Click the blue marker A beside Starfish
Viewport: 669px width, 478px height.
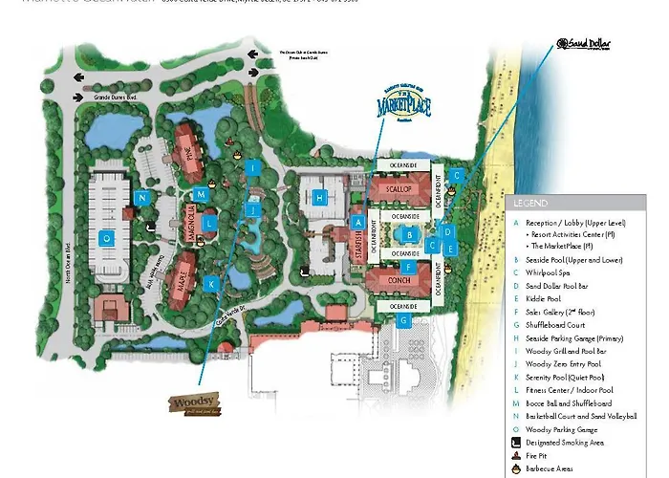tap(358, 222)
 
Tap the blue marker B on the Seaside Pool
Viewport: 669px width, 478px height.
tap(409, 234)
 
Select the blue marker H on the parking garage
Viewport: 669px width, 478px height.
tap(322, 197)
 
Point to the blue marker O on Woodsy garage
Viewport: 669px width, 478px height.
tap(107, 238)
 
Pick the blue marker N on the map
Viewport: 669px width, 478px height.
tap(141, 198)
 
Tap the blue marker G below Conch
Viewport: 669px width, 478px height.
tap(404, 320)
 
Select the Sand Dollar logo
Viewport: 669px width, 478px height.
tap(583, 45)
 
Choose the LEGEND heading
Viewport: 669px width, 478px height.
tap(531, 203)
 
